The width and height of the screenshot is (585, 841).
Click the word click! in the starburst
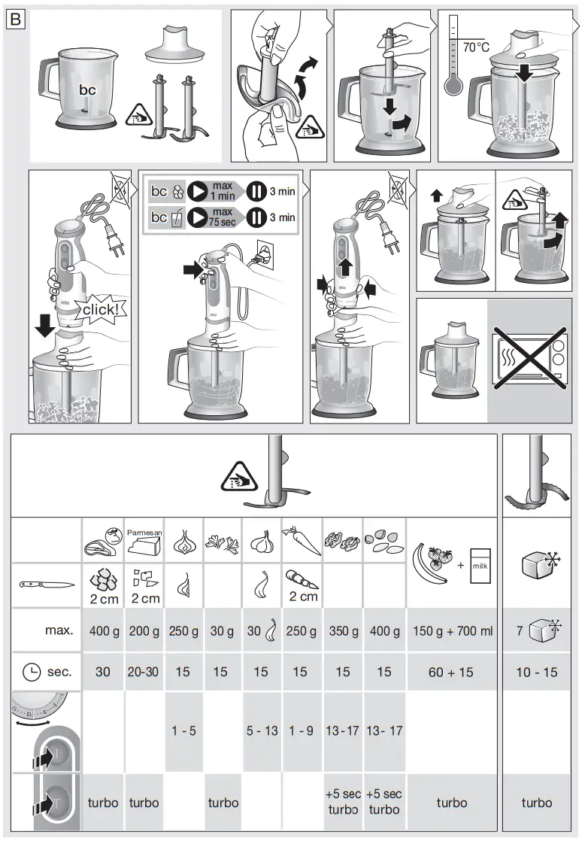click(100, 310)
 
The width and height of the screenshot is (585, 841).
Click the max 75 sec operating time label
click(222, 217)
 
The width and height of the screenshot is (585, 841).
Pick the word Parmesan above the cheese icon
click(144, 533)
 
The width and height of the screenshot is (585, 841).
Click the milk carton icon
click(479, 563)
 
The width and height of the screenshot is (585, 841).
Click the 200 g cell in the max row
click(144, 631)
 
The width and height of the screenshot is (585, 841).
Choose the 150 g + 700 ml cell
click(453, 631)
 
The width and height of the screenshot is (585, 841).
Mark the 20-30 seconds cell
click(144, 672)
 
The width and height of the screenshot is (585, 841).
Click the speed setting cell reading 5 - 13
click(261, 730)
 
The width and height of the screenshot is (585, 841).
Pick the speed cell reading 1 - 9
click(301, 730)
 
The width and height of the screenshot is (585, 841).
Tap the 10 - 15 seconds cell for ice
click(536, 672)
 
